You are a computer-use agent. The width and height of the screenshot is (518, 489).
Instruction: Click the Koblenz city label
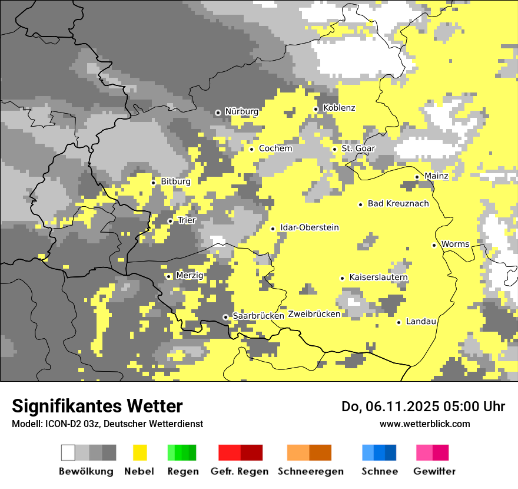point(339,108)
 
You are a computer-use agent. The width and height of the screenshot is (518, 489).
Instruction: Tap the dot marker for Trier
point(170,221)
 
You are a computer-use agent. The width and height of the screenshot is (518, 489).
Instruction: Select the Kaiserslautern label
point(378,277)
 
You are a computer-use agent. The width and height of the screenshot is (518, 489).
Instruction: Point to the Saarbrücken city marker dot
point(225,317)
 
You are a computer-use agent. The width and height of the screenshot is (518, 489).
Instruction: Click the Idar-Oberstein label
point(310,228)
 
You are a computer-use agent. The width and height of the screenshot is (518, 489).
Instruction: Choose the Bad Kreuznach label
point(398,204)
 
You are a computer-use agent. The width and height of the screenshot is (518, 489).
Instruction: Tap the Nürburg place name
point(241,111)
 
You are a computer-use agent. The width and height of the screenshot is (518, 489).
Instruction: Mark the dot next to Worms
point(434,245)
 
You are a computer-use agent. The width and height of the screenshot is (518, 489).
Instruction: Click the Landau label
point(421,322)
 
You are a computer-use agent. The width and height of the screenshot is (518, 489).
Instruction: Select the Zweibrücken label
point(314,314)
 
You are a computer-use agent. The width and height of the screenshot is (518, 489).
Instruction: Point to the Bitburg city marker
point(154,183)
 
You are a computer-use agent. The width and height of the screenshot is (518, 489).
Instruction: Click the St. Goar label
point(358,148)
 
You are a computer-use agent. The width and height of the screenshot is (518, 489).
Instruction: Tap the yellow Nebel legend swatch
point(140,452)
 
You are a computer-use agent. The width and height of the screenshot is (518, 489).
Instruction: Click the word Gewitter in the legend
point(434,471)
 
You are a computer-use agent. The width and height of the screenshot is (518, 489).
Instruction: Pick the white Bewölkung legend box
point(68,452)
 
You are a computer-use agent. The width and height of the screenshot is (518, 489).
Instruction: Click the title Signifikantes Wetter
point(97,407)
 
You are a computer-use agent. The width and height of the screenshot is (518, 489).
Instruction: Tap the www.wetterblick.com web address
point(424,424)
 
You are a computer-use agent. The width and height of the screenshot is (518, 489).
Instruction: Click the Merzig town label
point(190,276)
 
